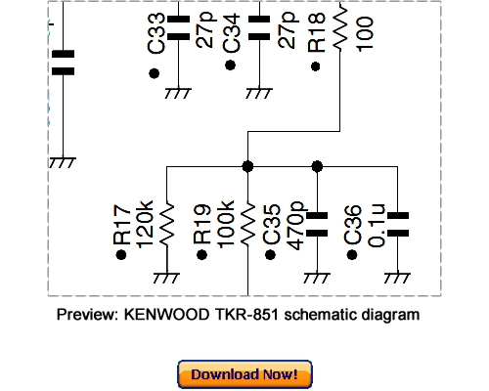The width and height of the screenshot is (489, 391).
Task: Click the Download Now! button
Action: coord(244,374)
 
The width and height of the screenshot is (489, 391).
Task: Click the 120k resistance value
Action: coord(144,225)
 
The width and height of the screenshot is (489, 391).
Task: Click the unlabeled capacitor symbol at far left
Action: coord(63,64)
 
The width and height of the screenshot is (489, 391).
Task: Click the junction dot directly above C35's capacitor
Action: coord(317,165)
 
